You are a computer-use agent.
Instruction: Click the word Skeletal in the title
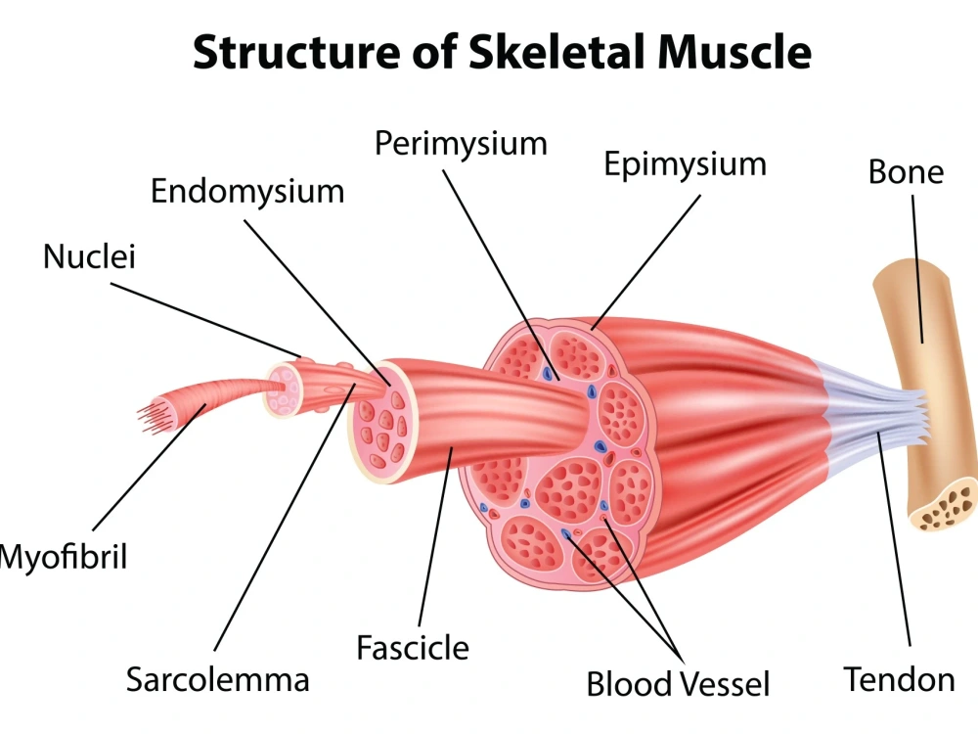tap(557, 51)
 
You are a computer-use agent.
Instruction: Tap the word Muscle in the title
tap(734, 51)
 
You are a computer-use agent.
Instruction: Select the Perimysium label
tap(461, 145)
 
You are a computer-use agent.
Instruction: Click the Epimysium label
tap(685, 165)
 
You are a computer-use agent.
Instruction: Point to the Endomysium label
tap(247, 192)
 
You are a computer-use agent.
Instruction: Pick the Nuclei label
tap(89, 256)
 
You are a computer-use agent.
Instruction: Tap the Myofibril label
tap(63, 557)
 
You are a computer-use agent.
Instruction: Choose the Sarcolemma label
tap(218, 679)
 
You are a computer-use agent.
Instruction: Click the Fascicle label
tap(413, 647)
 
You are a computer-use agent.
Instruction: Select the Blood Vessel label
tap(678, 683)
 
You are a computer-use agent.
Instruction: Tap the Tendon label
tap(899, 679)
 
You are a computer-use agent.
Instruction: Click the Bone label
tap(906, 171)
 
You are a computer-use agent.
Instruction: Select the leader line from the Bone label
tap(917, 269)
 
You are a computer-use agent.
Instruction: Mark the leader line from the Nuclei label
tap(205, 321)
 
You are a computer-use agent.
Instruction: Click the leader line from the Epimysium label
tap(646, 262)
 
